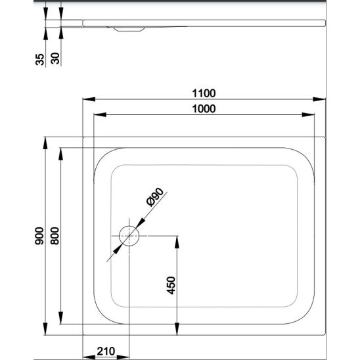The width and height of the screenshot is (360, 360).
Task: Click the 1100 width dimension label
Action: click(x=204, y=93)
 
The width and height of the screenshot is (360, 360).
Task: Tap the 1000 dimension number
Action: click(x=204, y=109)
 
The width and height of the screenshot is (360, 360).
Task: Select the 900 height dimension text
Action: click(x=39, y=236)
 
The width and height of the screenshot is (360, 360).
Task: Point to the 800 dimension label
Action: click(x=55, y=236)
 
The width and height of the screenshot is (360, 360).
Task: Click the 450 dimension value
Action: click(x=171, y=285)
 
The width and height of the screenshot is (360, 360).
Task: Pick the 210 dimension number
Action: click(x=106, y=351)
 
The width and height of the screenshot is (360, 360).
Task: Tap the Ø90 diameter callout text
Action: click(x=155, y=197)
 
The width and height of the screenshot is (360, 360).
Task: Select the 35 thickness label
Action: click(x=39, y=59)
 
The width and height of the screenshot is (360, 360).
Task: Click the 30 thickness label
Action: click(x=55, y=58)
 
